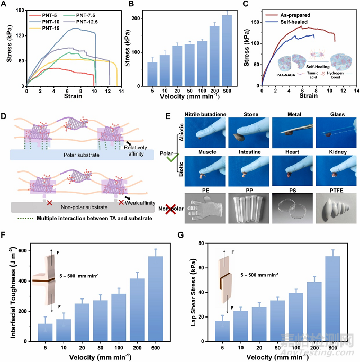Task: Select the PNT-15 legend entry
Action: (x=44, y=29)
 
